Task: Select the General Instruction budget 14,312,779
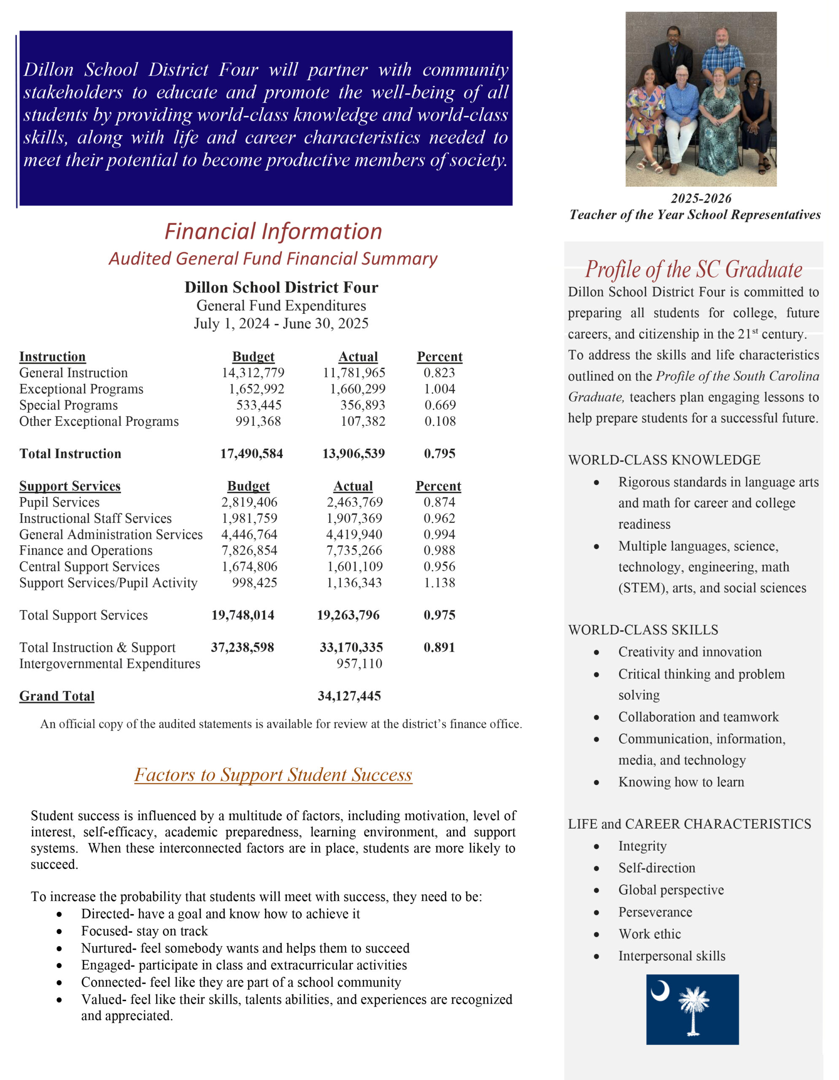pyautogui.click(x=253, y=373)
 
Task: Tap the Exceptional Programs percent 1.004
pyautogui.click(x=439, y=389)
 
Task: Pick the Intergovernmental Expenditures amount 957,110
pyautogui.click(x=359, y=664)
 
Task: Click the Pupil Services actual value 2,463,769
pyautogui.click(x=354, y=502)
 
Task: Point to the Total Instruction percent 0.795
pyautogui.click(x=440, y=454)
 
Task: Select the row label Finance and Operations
pyautogui.click(x=86, y=551)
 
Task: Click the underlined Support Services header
pyautogui.click(x=70, y=486)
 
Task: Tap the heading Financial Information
pyautogui.click(x=273, y=232)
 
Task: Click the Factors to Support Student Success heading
pyautogui.click(x=273, y=775)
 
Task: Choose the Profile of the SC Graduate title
pyautogui.click(x=693, y=270)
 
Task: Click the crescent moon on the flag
pyautogui.click(x=660, y=991)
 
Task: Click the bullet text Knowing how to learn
pyautogui.click(x=681, y=782)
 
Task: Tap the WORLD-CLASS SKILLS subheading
pyautogui.click(x=643, y=629)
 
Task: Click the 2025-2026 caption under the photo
pyautogui.click(x=701, y=198)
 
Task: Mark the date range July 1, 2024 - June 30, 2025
pyautogui.click(x=281, y=324)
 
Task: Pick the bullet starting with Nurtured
pyautogui.click(x=245, y=948)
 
